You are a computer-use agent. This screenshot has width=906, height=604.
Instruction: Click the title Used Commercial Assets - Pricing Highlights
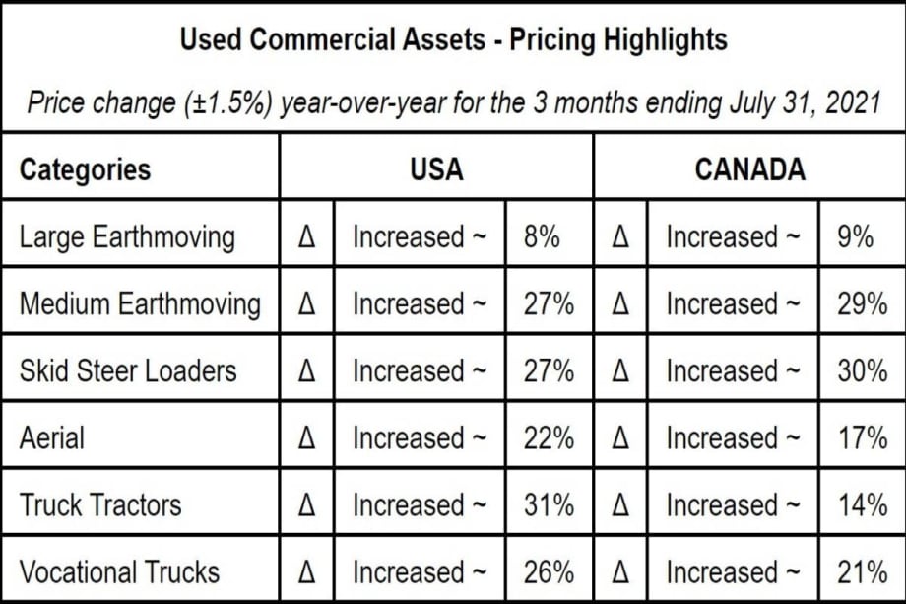click(x=453, y=40)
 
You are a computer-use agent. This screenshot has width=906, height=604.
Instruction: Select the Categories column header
click(x=85, y=169)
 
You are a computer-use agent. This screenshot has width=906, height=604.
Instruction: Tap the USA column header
click(x=436, y=169)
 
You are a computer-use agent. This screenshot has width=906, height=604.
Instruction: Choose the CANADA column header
click(x=749, y=169)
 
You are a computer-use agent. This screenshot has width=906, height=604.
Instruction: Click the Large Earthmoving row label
click(x=127, y=237)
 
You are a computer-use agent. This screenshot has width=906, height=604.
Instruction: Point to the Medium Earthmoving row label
click(x=140, y=304)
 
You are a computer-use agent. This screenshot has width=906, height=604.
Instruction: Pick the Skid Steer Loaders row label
click(x=128, y=371)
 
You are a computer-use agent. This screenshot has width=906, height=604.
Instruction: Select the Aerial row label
click(x=53, y=438)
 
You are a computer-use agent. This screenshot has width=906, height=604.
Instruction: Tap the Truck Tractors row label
click(x=100, y=505)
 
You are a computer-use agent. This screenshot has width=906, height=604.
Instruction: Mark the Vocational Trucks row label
click(x=119, y=572)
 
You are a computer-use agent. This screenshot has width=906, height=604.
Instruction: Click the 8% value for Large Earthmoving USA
click(x=542, y=237)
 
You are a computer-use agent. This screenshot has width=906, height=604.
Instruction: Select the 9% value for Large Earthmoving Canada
click(x=855, y=237)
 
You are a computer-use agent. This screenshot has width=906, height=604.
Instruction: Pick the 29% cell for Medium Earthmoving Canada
click(x=862, y=304)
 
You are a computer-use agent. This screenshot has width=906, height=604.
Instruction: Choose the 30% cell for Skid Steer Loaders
click(x=862, y=371)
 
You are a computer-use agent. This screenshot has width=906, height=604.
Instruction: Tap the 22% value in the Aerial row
click(x=549, y=438)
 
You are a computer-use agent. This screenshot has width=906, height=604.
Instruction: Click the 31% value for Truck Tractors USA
click(x=549, y=505)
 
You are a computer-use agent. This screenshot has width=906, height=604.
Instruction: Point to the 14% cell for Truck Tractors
click(x=862, y=505)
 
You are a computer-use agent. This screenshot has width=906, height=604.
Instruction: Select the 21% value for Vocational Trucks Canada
click(x=862, y=572)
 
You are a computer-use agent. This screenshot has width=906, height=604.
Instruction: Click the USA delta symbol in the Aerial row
click(x=306, y=438)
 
